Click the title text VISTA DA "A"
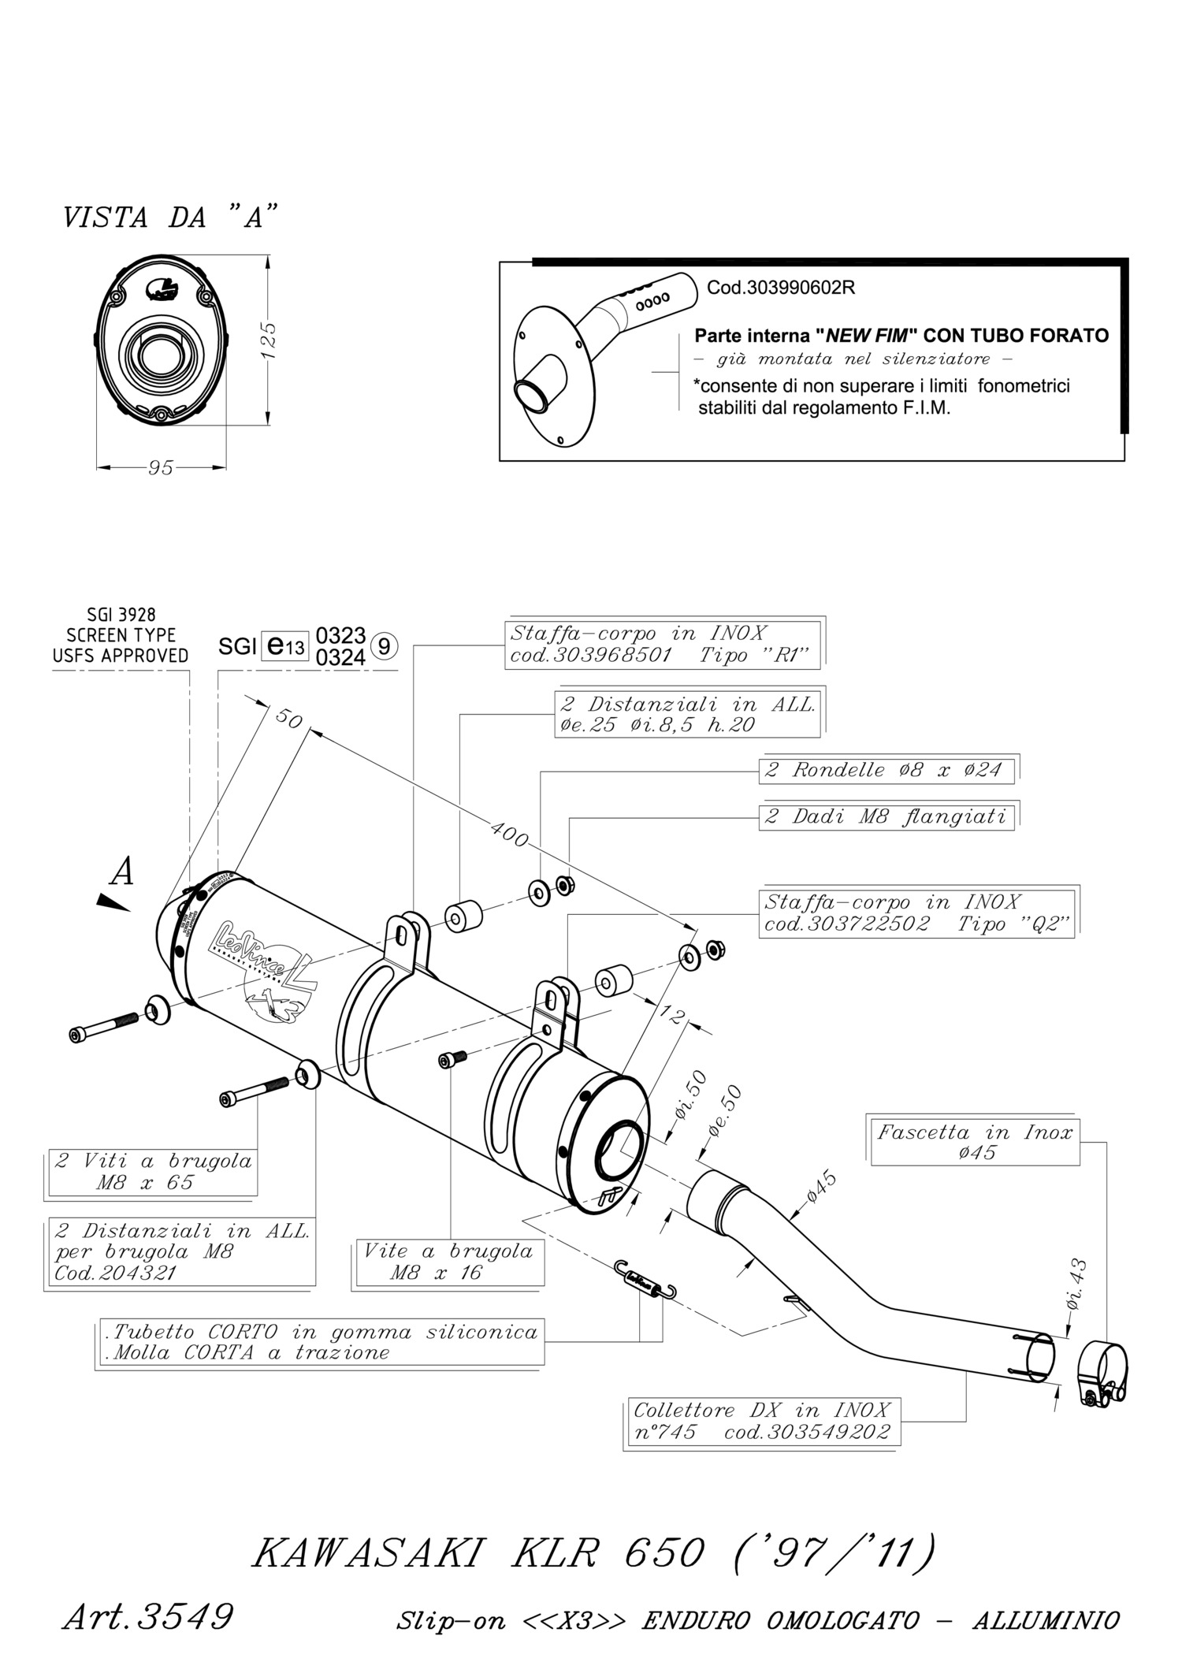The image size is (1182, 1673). (171, 217)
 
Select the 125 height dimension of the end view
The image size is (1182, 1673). (268, 340)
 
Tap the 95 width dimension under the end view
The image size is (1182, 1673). (161, 467)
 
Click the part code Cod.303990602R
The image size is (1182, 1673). (781, 288)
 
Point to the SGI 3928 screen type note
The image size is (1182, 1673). (121, 635)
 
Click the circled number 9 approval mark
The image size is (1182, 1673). (384, 646)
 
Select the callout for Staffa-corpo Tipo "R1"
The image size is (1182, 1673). (663, 645)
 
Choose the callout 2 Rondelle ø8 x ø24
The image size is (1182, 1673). (888, 770)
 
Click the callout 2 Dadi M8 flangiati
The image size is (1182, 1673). (886, 816)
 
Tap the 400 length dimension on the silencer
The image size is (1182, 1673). (509, 834)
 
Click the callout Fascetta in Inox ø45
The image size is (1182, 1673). (975, 1142)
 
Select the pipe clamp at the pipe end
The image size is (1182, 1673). (1102, 1372)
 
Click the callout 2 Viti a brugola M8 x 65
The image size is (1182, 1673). (151, 1171)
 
